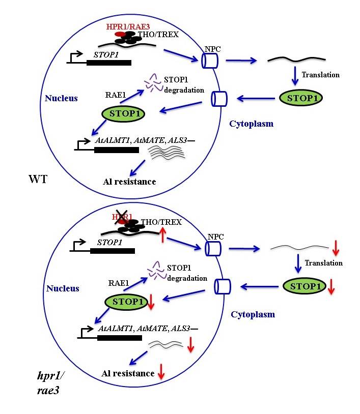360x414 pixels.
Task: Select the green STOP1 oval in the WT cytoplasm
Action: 300,97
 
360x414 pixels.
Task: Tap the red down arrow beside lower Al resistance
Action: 161,373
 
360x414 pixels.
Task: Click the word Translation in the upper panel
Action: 320,75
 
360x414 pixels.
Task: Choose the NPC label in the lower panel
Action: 215,238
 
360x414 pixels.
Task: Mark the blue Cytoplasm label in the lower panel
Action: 253,314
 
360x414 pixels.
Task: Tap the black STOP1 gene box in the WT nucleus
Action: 108,63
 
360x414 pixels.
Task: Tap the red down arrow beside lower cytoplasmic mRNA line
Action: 335,249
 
